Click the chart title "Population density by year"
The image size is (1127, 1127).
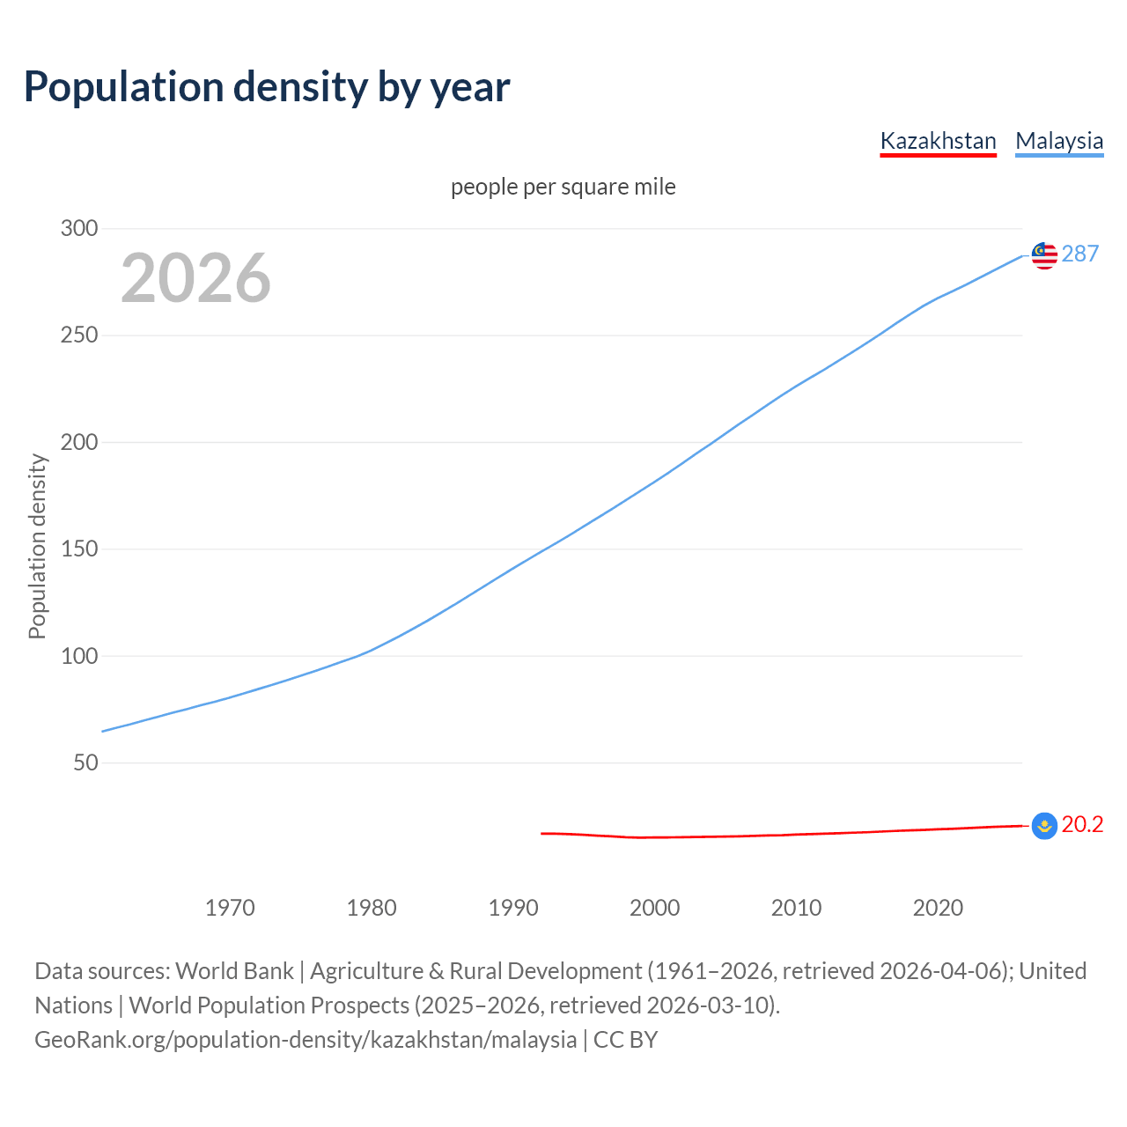pyautogui.click(x=267, y=87)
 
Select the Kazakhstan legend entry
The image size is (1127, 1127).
pyautogui.click(x=938, y=141)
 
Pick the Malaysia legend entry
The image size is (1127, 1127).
pyautogui.click(x=1059, y=141)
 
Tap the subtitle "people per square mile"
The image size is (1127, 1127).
pyautogui.click(x=563, y=188)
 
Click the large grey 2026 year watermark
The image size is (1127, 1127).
pyautogui.click(x=195, y=278)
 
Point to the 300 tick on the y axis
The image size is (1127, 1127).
pyautogui.click(x=79, y=229)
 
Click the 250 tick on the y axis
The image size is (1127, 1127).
pyautogui.click(x=79, y=335)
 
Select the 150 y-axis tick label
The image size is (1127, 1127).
pyautogui.click(x=79, y=549)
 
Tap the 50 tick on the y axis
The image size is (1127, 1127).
pyautogui.click(x=85, y=762)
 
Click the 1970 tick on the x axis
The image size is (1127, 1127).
pyautogui.click(x=230, y=908)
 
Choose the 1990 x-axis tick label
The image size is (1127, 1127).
pyautogui.click(x=513, y=908)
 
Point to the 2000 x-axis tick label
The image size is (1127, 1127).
pyautogui.click(x=655, y=908)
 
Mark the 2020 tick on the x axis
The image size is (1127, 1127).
pyautogui.click(x=938, y=908)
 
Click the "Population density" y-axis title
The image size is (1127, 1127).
pyautogui.click(x=37, y=546)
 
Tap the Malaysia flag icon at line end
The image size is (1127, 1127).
pyautogui.click(x=1044, y=255)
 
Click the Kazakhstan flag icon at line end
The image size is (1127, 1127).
pyautogui.click(x=1044, y=826)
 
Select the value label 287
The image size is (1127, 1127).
pyautogui.click(x=1080, y=254)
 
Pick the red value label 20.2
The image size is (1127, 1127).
pyautogui.click(x=1082, y=825)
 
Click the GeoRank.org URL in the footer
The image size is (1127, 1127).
pyautogui.click(x=306, y=1040)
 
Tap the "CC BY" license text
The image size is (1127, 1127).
pyautogui.click(x=625, y=1040)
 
